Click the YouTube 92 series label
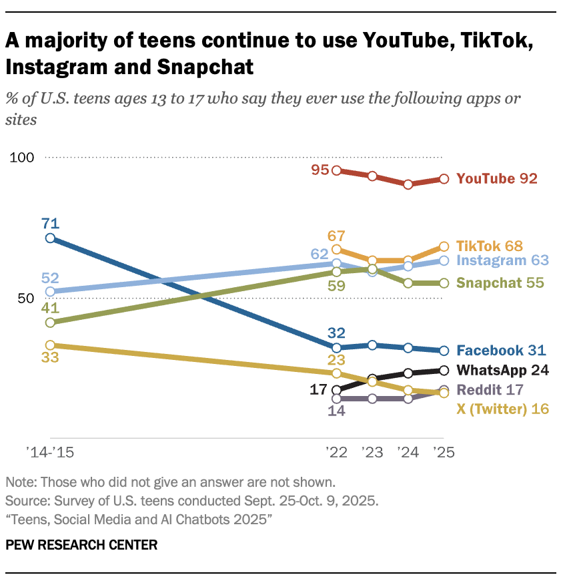point(497,178)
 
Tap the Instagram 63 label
point(502,260)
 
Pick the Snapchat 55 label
point(500,282)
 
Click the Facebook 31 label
point(501,350)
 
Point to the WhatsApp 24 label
point(503,370)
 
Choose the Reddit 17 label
point(490,389)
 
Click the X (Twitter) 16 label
point(502,409)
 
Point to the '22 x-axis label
point(336,453)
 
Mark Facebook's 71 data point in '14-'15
point(49,238)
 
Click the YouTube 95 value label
point(320,170)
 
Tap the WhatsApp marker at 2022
point(337,390)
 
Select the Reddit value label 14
point(336,411)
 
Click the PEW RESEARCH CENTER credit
point(81,545)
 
